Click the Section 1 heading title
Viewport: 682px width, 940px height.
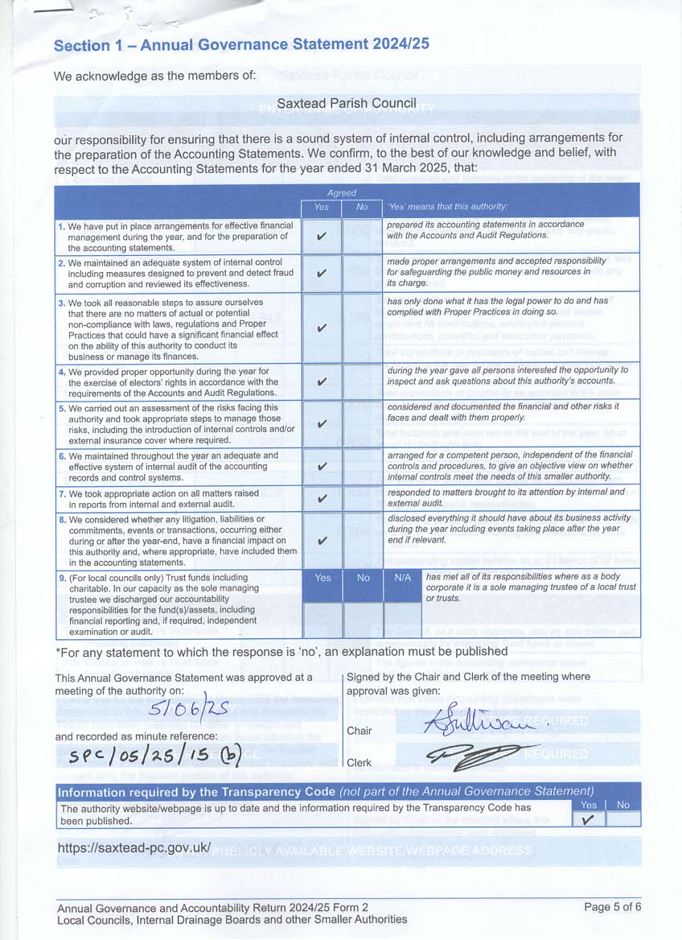coord(241,45)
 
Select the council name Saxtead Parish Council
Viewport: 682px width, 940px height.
coord(347,103)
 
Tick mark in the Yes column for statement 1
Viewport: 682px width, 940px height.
coord(322,237)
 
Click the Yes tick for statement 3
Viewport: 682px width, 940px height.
coord(322,328)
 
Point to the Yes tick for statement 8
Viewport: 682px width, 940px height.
coord(322,541)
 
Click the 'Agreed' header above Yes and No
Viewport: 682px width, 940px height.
coord(341,193)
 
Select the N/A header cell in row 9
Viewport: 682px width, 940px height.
coord(402,578)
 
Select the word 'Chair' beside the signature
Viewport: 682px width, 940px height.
coord(359,731)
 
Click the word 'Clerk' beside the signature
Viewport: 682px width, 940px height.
coord(359,762)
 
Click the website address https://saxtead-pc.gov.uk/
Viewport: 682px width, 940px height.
coord(134,847)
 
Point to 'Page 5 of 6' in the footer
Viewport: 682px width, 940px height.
coord(612,907)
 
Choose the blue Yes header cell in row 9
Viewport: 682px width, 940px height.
coord(323,578)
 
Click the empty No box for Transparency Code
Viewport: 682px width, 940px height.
coord(623,819)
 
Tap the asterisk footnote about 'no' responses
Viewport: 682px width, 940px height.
coord(281,650)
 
